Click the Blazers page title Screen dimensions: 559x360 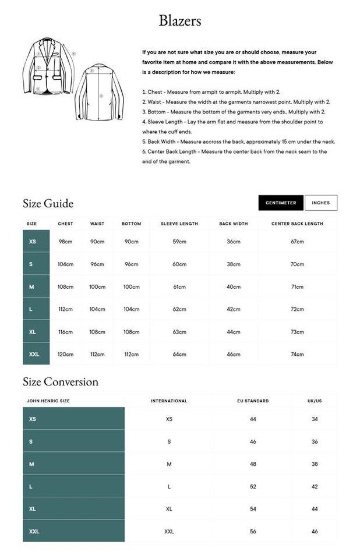180,21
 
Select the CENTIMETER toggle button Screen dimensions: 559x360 281,203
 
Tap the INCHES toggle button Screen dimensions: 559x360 320,203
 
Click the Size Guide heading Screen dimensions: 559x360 48,203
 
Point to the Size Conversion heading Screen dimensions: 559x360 61,382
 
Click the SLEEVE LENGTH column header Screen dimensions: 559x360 179,224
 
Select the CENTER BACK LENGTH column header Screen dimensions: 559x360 297,224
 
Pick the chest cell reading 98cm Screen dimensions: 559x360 65,242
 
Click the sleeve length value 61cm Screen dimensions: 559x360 179,286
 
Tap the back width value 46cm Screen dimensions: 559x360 234,354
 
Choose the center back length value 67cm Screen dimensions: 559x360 297,242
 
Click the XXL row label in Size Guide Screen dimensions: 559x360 34,354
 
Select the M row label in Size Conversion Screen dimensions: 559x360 31,464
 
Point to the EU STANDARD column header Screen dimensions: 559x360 253,401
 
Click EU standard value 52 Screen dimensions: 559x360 253,486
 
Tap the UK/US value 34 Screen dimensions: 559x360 315,419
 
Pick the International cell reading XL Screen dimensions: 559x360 169,509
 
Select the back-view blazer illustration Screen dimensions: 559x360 100,92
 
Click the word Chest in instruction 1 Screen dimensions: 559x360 155,92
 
